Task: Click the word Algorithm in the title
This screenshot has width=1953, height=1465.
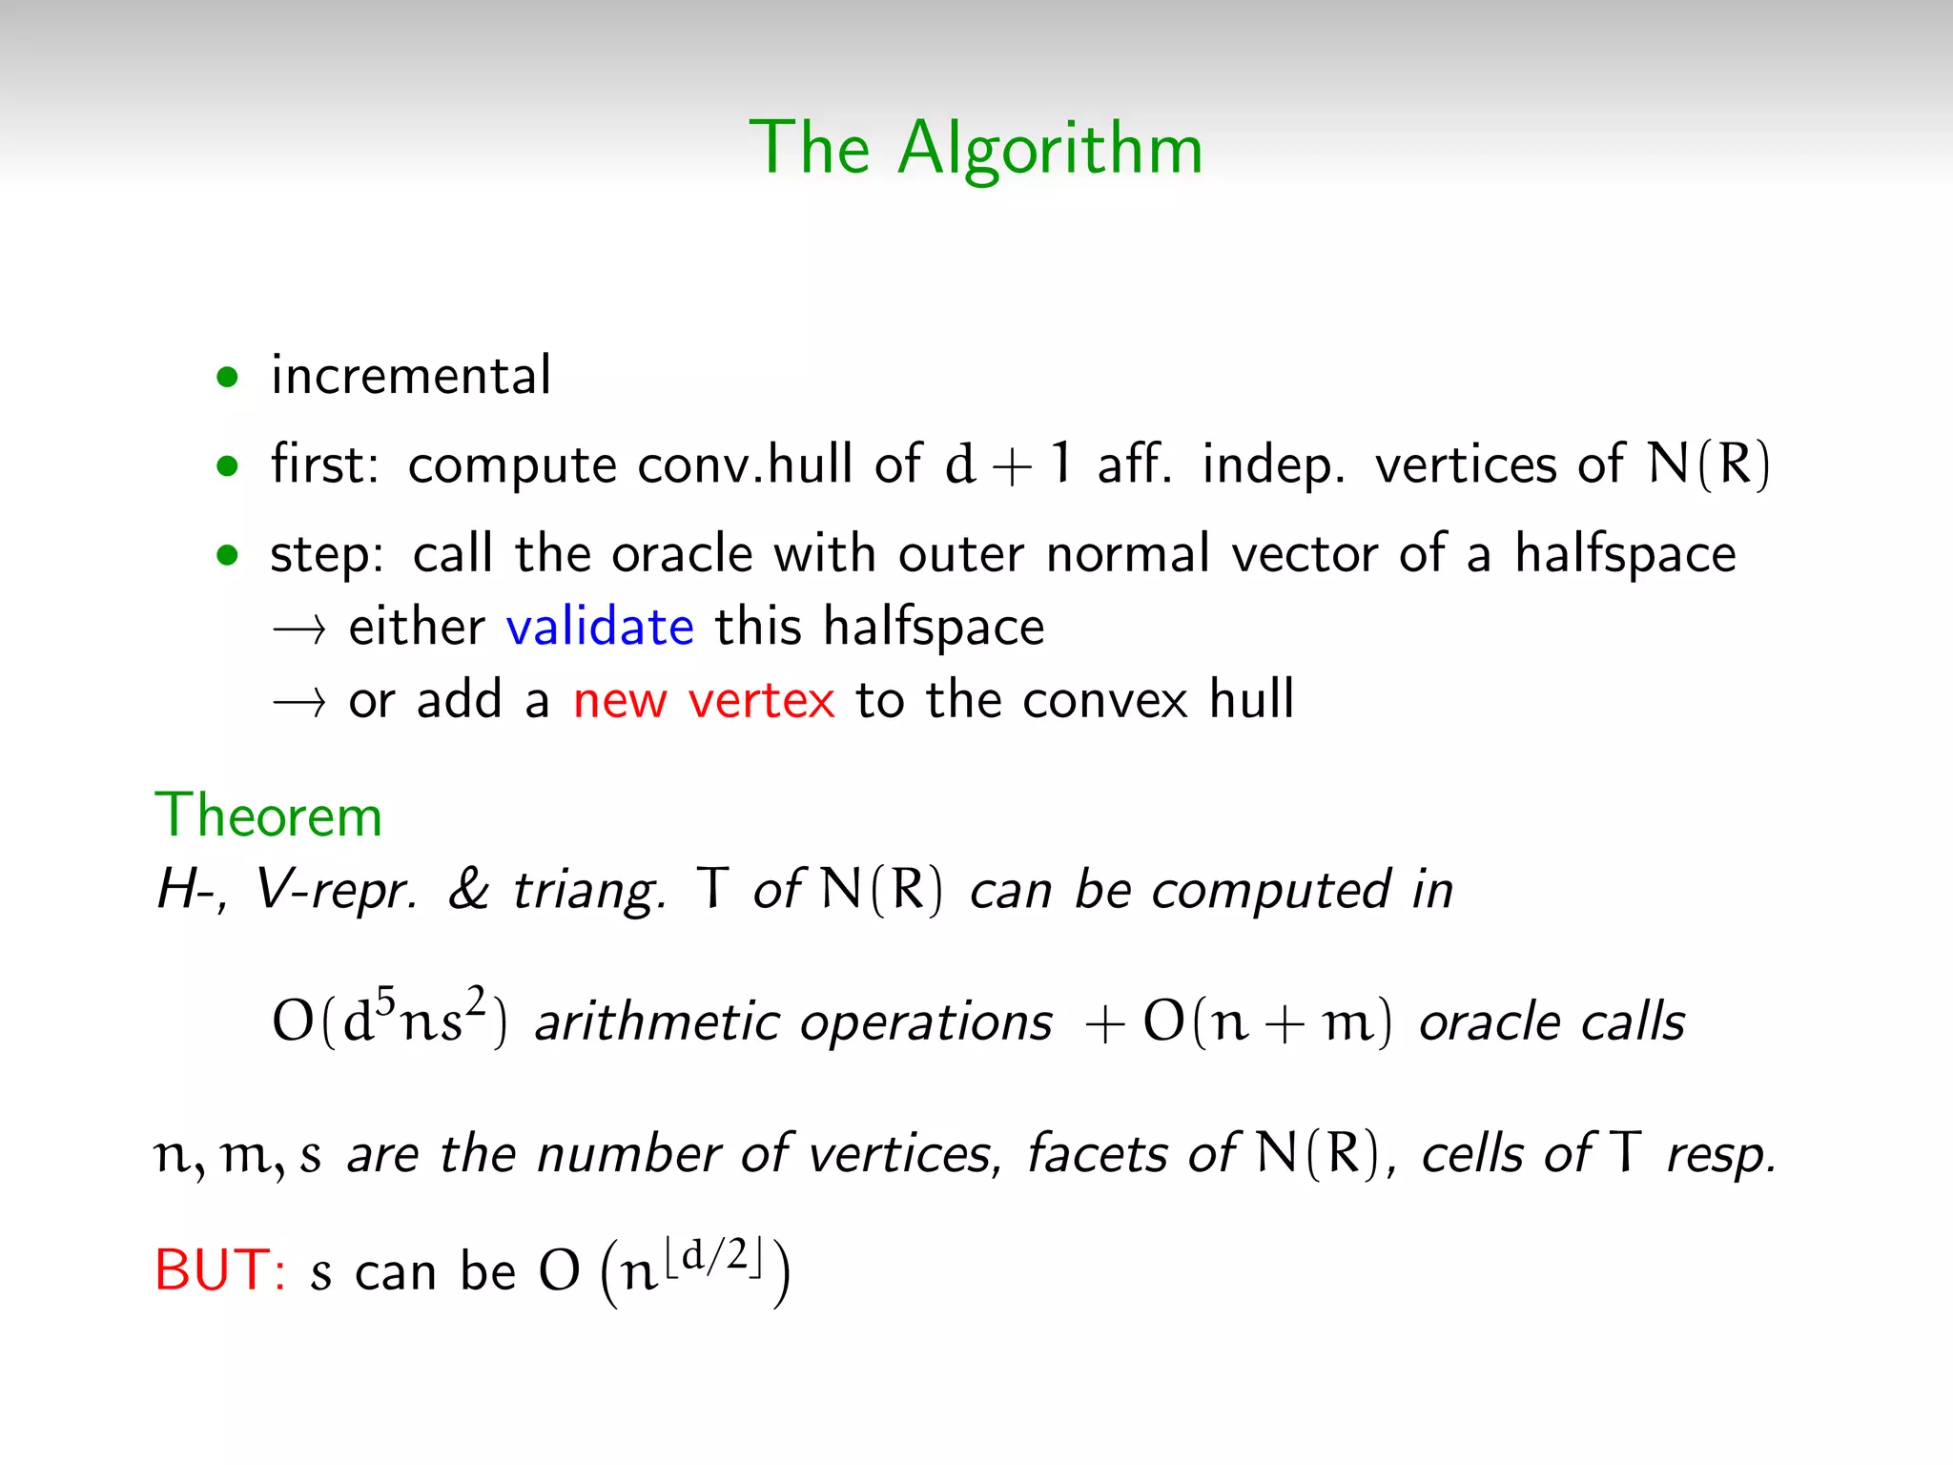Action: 1050,150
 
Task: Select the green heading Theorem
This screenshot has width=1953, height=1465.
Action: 268,816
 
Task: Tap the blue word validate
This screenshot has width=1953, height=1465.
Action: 599,628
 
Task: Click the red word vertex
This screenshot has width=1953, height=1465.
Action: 761,701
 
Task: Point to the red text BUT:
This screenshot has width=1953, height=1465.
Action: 220,1270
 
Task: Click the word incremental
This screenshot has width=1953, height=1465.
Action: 411,375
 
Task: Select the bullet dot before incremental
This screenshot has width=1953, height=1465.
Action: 227,378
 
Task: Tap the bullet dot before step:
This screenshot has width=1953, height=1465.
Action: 227,555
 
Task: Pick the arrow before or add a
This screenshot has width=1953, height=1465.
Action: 299,703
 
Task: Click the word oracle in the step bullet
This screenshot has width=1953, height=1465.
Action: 682,554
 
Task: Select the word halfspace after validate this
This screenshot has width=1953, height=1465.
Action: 934,628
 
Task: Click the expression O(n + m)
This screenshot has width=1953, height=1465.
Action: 1267,1021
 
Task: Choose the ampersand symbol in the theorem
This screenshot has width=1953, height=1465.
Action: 468,890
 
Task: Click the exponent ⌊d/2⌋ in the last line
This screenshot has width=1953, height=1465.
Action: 714,1257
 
